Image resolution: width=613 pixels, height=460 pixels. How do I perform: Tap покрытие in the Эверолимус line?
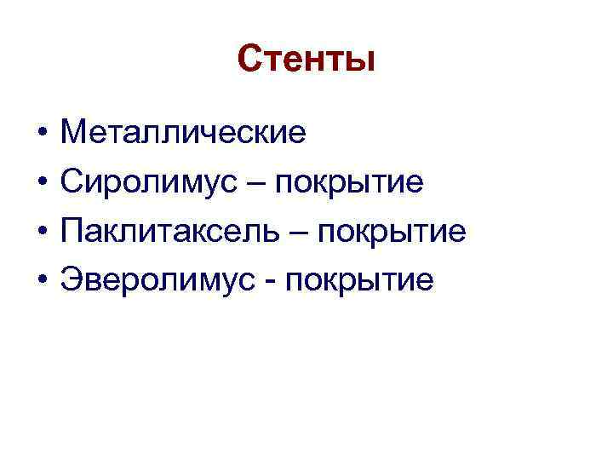tap(360, 280)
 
